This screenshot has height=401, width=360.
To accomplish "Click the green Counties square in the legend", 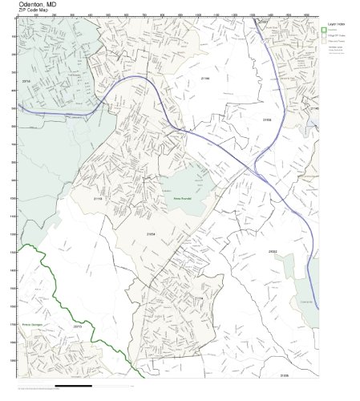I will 325,30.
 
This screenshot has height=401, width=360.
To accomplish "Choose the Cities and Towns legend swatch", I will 325,42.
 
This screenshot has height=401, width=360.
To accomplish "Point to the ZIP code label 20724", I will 25,81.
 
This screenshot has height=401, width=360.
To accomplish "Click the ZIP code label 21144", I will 205,79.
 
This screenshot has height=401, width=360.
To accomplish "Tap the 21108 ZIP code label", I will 268,119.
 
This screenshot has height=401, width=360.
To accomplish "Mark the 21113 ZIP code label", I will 99,198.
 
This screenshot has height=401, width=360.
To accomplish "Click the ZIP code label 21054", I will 151,233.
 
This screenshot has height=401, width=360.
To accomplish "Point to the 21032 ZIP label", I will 273,251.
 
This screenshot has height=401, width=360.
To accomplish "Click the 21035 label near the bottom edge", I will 284,375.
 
